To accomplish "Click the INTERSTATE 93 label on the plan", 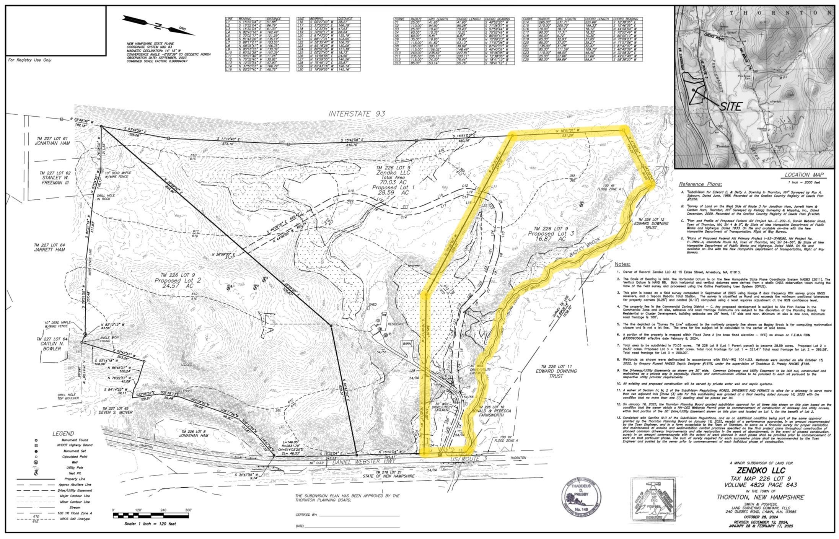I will click(357, 114).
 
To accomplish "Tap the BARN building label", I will click(407, 344).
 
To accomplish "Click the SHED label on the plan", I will click(373, 305).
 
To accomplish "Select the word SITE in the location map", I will click(730, 106).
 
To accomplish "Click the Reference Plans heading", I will click(700, 184).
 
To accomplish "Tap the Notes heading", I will click(622, 264).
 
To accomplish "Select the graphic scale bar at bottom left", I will click(151, 516).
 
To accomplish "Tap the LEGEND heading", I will click(64, 433).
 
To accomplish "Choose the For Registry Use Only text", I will click(29, 60).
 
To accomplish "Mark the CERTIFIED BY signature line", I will click(359, 515).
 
